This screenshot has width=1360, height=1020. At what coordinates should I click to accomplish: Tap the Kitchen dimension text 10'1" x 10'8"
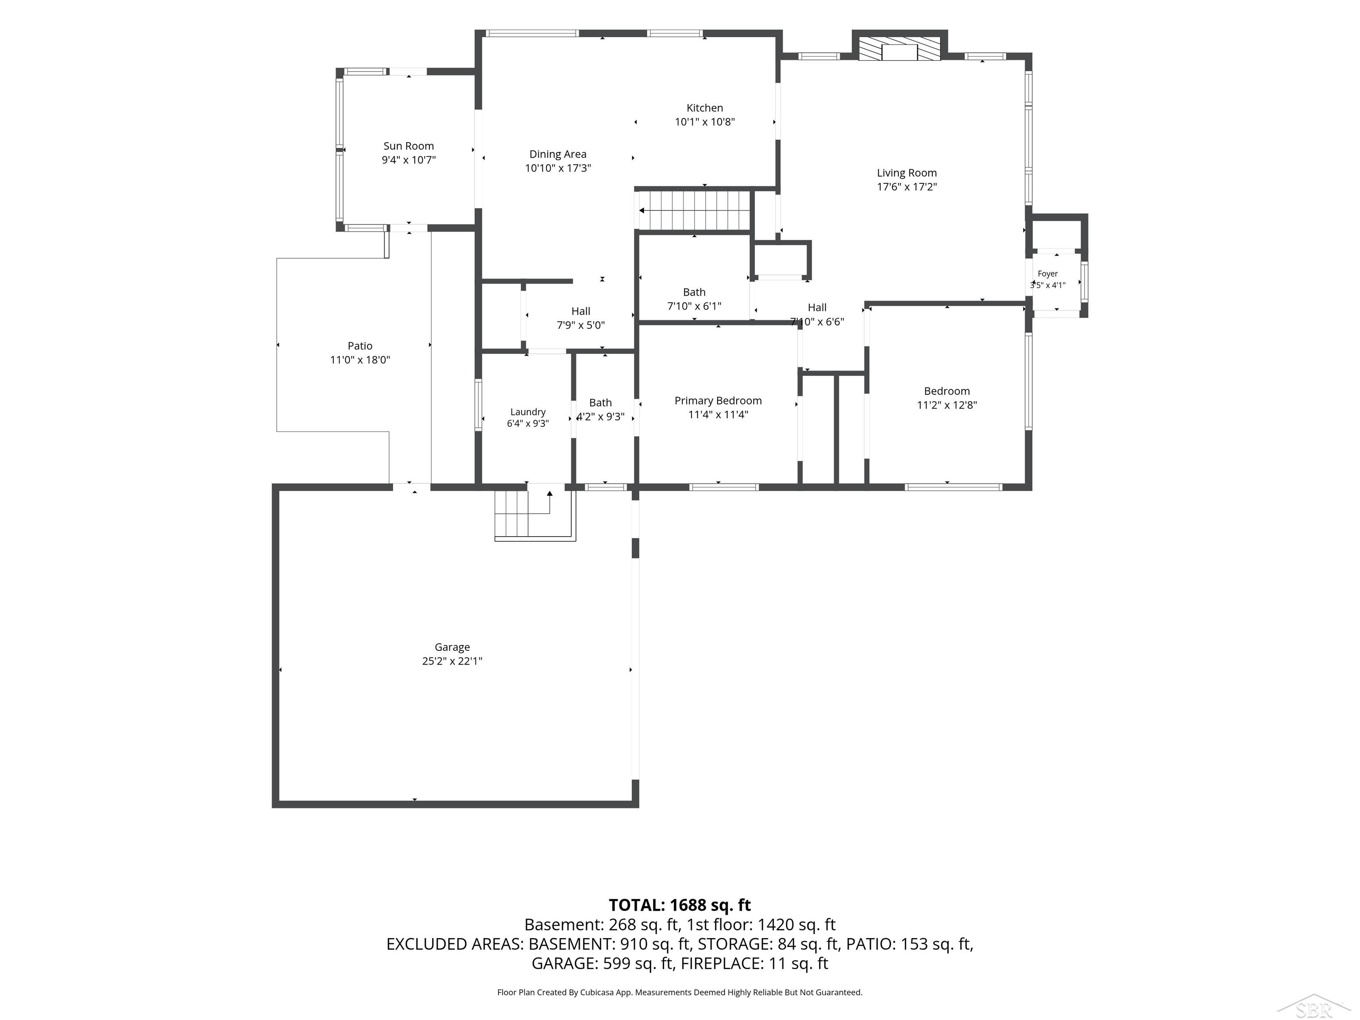705,122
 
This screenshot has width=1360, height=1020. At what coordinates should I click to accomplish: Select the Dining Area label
558,155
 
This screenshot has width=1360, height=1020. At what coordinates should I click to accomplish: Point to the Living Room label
906,173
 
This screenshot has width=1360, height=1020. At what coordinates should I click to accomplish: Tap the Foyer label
1047,274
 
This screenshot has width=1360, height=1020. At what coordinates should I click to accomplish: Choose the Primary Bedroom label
718,401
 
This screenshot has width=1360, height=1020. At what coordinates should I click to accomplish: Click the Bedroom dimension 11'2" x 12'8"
947,405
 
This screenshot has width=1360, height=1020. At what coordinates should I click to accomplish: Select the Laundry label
528,412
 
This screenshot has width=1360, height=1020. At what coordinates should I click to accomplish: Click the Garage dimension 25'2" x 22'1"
452,661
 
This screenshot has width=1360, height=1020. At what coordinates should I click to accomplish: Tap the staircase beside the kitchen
695,210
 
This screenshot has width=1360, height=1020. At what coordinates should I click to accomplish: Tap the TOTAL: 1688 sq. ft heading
680,905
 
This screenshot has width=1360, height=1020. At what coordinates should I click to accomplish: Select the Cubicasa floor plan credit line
680,993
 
